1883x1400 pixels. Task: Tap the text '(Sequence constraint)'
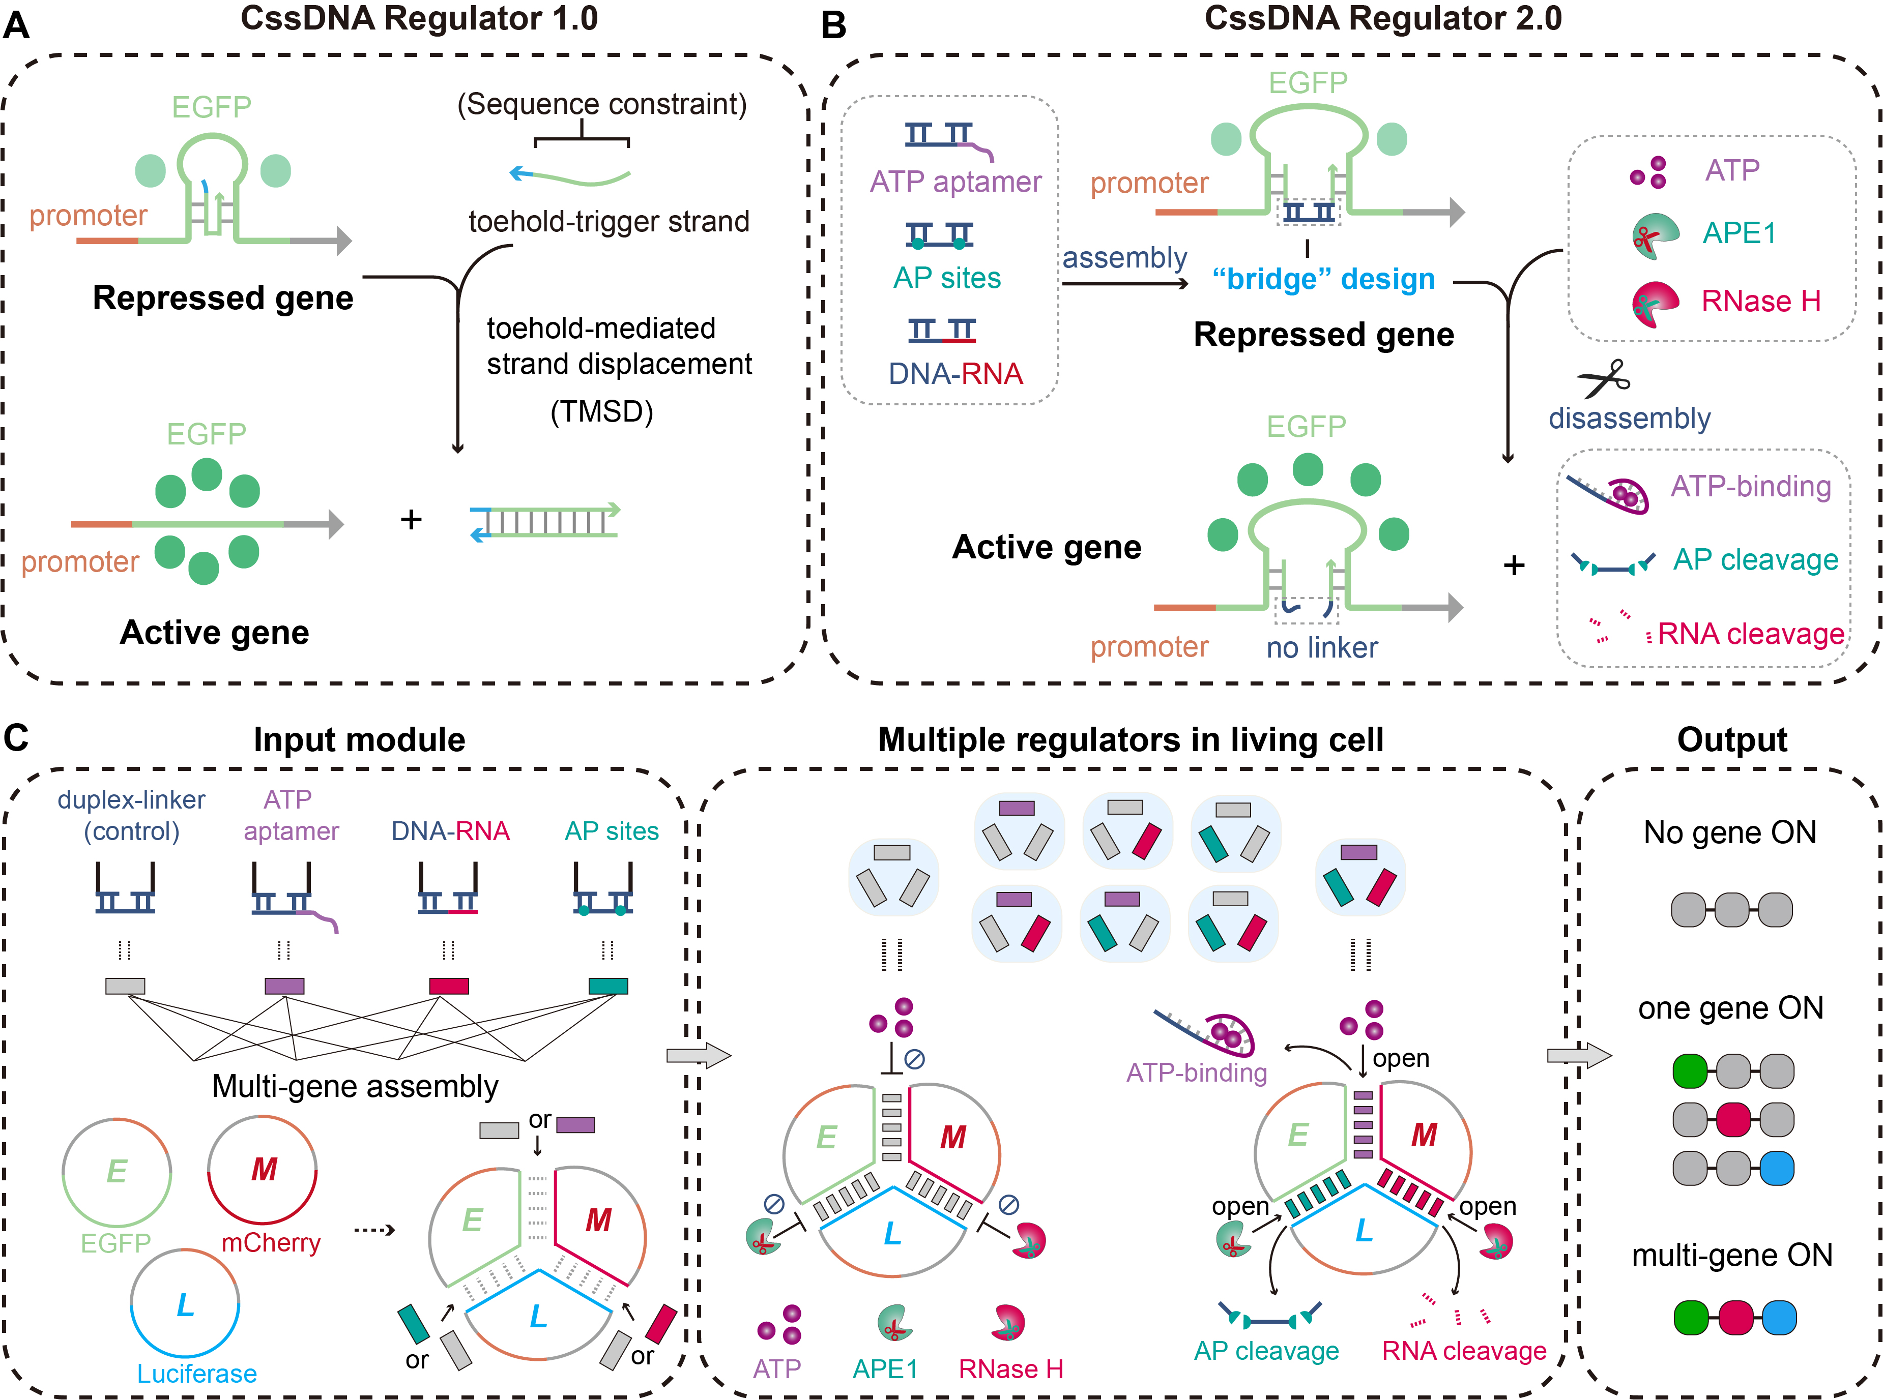coord(602,104)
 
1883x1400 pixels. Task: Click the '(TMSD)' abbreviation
coord(602,412)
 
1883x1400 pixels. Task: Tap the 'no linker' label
coord(1322,647)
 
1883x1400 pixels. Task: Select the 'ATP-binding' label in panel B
coord(1751,487)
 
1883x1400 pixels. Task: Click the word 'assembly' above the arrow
coord(1124,258)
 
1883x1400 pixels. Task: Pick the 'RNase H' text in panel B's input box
coord(1761,301)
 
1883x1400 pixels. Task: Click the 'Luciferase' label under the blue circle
coord(197,1373)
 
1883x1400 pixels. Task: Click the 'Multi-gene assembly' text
coord(355,1086)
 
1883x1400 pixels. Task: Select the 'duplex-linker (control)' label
coord(131,815)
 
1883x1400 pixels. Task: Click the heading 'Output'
coord(1732,740)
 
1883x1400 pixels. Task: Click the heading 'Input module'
coord(360,740)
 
